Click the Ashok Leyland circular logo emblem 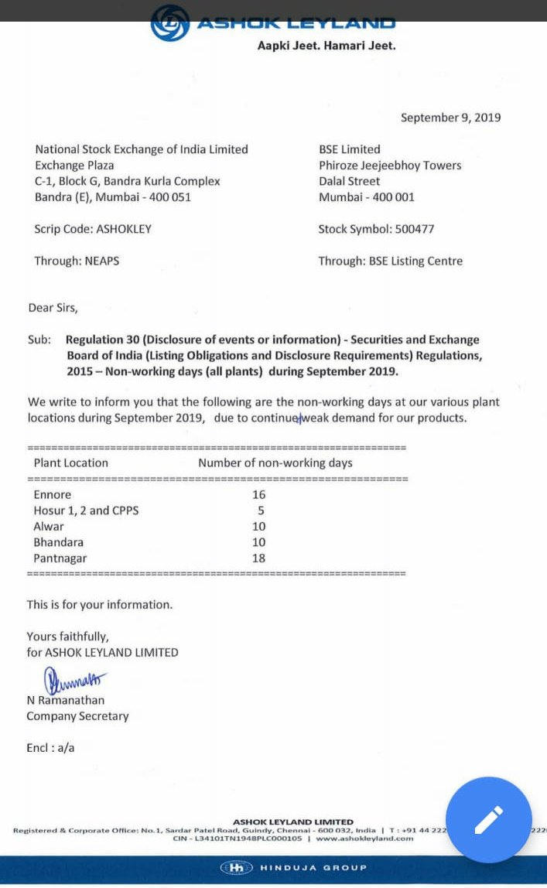[x=169, y=23]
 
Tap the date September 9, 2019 [x=450, y=118]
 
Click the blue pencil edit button [x=489, y=819]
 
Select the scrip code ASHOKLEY [x=124, y=229]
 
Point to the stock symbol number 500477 [x=415, y=229]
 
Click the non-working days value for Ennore [x=258, y=494]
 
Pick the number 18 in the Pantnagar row [x=258, y=558]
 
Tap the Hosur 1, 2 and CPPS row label [x=86, y=511]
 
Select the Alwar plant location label [x=49, y=526]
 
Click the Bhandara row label [x=58, y=542]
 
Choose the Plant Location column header [x=70, y=463]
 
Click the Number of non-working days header [x=275, y=463]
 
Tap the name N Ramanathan [x=66, y=700]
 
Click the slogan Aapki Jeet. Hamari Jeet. [x=326, y=46]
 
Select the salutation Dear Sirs [x=53, y=308]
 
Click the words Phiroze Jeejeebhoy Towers [x=390, y=166]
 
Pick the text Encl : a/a [x=50, y=748]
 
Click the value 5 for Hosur [x=262, y=511]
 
